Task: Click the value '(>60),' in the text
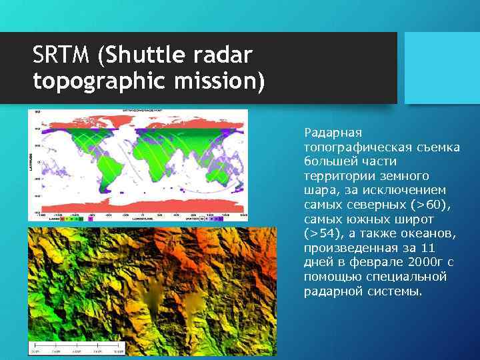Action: (432, 205)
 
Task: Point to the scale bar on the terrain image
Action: (77, 349)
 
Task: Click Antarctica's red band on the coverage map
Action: (140, 203)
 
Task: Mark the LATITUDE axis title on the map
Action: (31, 160)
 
